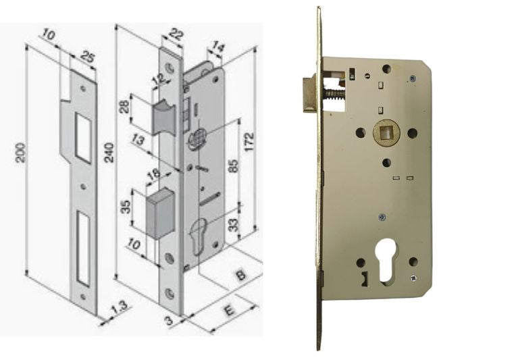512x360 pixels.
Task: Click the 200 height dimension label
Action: [20, 152]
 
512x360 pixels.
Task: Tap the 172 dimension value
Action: [249, 141]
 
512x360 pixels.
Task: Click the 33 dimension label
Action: [234, 225]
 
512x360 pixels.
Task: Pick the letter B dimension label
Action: [240, 274]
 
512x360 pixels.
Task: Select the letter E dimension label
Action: [230, 310]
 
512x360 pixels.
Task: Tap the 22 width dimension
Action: [176, 34]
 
